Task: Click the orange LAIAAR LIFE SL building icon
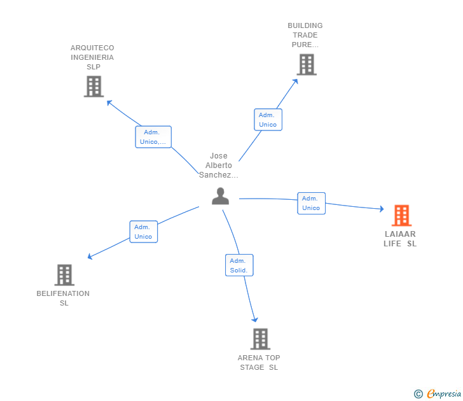pos(401,216)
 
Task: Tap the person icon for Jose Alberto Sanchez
pos(220,196)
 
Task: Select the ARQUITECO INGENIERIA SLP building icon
pos(93,87)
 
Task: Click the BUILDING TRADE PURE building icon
pos(307,64)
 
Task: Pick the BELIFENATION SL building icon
pos(64,275)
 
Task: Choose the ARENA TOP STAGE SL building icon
pos(259,339)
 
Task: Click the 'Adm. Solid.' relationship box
pos(239,265)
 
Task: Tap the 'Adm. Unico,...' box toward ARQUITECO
pos(153,137)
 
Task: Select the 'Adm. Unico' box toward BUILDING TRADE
pos(268,120)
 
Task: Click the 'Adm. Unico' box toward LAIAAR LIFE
pos(311,203)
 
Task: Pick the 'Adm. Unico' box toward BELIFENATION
pos(143,232)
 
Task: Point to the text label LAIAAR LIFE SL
pos(400,239)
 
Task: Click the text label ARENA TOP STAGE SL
pos(259,362)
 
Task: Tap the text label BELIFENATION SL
pos(64,298)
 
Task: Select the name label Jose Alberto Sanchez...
pos(219,165)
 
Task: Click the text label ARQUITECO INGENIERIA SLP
pos(93,57)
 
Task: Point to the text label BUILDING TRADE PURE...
pos(305,35)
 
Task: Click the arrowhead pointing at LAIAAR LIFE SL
pos(381,209)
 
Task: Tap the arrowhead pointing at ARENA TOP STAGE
pos(255,320)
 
